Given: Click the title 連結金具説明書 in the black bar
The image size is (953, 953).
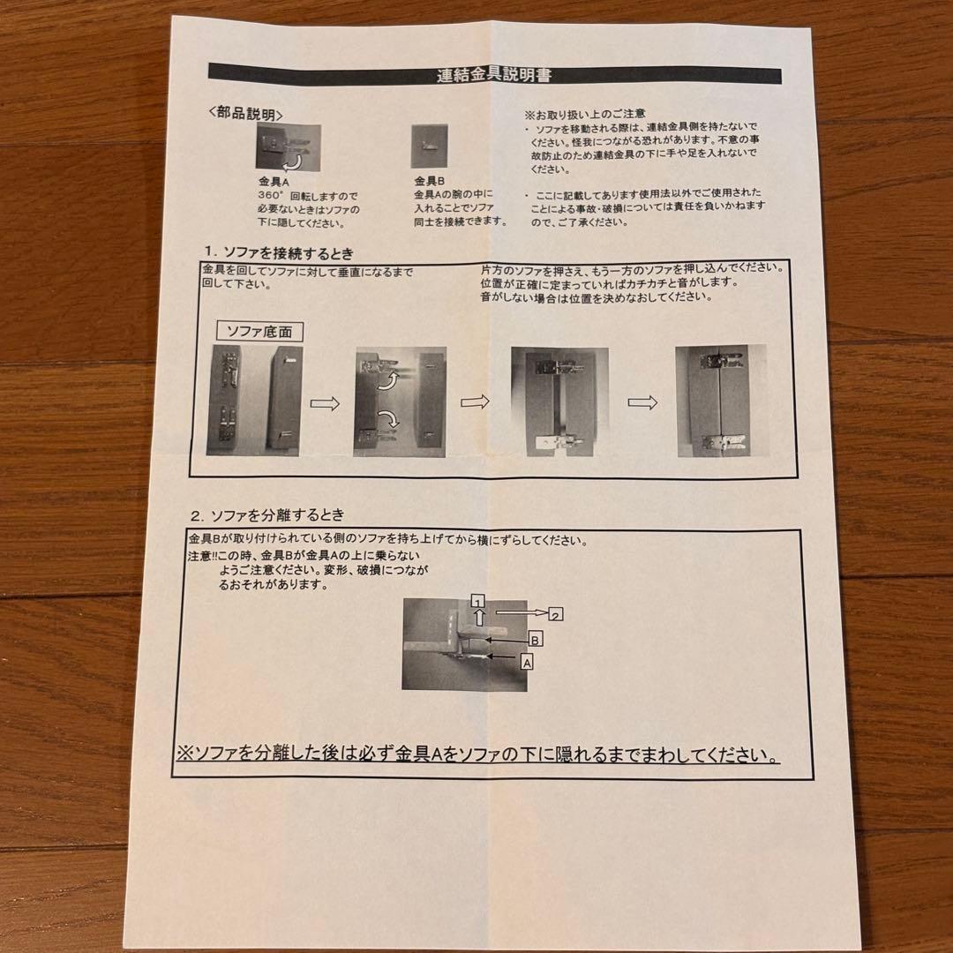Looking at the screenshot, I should pyautogui.click(x=494, y=75).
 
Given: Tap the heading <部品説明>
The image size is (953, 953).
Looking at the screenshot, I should pyautogui.click(x=246, y=114).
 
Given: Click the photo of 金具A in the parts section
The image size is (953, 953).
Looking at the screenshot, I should pyautogui.click(x=289, y=147).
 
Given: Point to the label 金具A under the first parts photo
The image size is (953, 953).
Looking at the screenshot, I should pyautogui.click(x=267, y=180).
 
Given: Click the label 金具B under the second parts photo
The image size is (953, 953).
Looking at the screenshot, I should pyautogui.click(x=430, y=180).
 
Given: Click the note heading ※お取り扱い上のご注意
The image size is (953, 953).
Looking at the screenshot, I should pyautogui.click(x=585, y=115).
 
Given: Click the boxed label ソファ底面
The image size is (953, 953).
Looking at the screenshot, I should pyautogui.click(x=259, y=332).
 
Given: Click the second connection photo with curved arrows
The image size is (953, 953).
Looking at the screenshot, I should pyautogui.click(x=400, y=401).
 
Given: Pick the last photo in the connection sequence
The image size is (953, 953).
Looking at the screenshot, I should pyautogui.click(x=718, y=401).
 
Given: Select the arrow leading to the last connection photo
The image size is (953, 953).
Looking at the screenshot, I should pyautogui.click(x=642, y=402).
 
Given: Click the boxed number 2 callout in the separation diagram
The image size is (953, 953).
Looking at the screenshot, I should pyautogui.click(x=556, y=614).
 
